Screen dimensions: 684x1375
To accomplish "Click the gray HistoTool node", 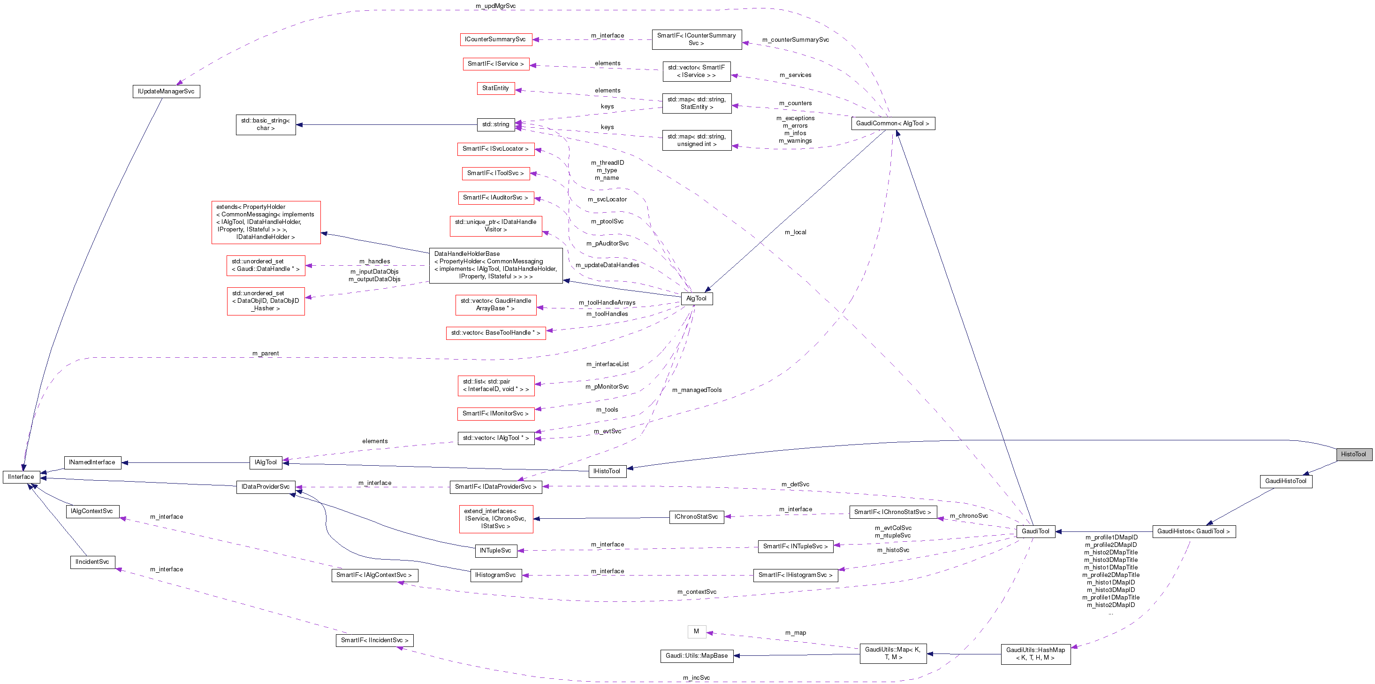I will pos(1353,454).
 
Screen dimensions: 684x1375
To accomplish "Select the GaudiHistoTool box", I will pos(1285,481).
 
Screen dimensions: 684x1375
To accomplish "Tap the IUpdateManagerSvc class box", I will pos(166,91).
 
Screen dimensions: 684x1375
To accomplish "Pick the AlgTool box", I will pos(696,299).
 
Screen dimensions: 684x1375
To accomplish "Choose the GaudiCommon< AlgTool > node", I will pos(892,123).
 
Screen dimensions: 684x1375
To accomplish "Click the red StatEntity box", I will pos(495,88).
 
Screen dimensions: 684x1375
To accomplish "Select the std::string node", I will pos(495,124).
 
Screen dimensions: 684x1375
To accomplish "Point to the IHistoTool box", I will pos(607,471).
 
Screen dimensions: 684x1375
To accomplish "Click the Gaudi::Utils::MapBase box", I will pos(697,656).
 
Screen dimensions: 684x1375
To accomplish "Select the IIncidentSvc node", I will pos(92,562).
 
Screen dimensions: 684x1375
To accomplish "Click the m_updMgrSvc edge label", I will pos(495,6).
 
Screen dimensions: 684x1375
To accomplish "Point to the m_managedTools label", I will pos(697,390).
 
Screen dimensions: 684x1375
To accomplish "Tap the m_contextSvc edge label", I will pos(697,592).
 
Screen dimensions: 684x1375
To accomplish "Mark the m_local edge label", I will pos(795,232).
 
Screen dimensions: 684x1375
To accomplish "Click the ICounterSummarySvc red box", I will pos(495,39).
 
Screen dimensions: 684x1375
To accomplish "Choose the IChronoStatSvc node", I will pos(696,517).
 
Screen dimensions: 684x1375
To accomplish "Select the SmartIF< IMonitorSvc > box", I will pos(495,413).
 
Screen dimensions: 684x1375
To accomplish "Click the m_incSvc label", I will pos(696,677).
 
